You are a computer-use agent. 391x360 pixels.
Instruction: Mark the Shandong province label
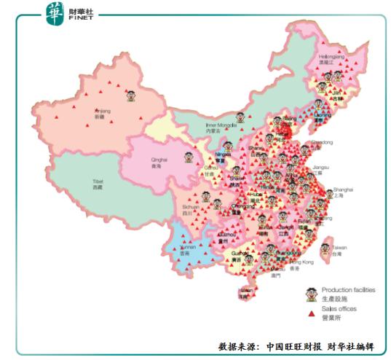(x=321, y=144)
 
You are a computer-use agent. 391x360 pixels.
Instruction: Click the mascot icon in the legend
(x=312, y=294)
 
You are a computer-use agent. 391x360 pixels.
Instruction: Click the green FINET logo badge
(x=55, y=12)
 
